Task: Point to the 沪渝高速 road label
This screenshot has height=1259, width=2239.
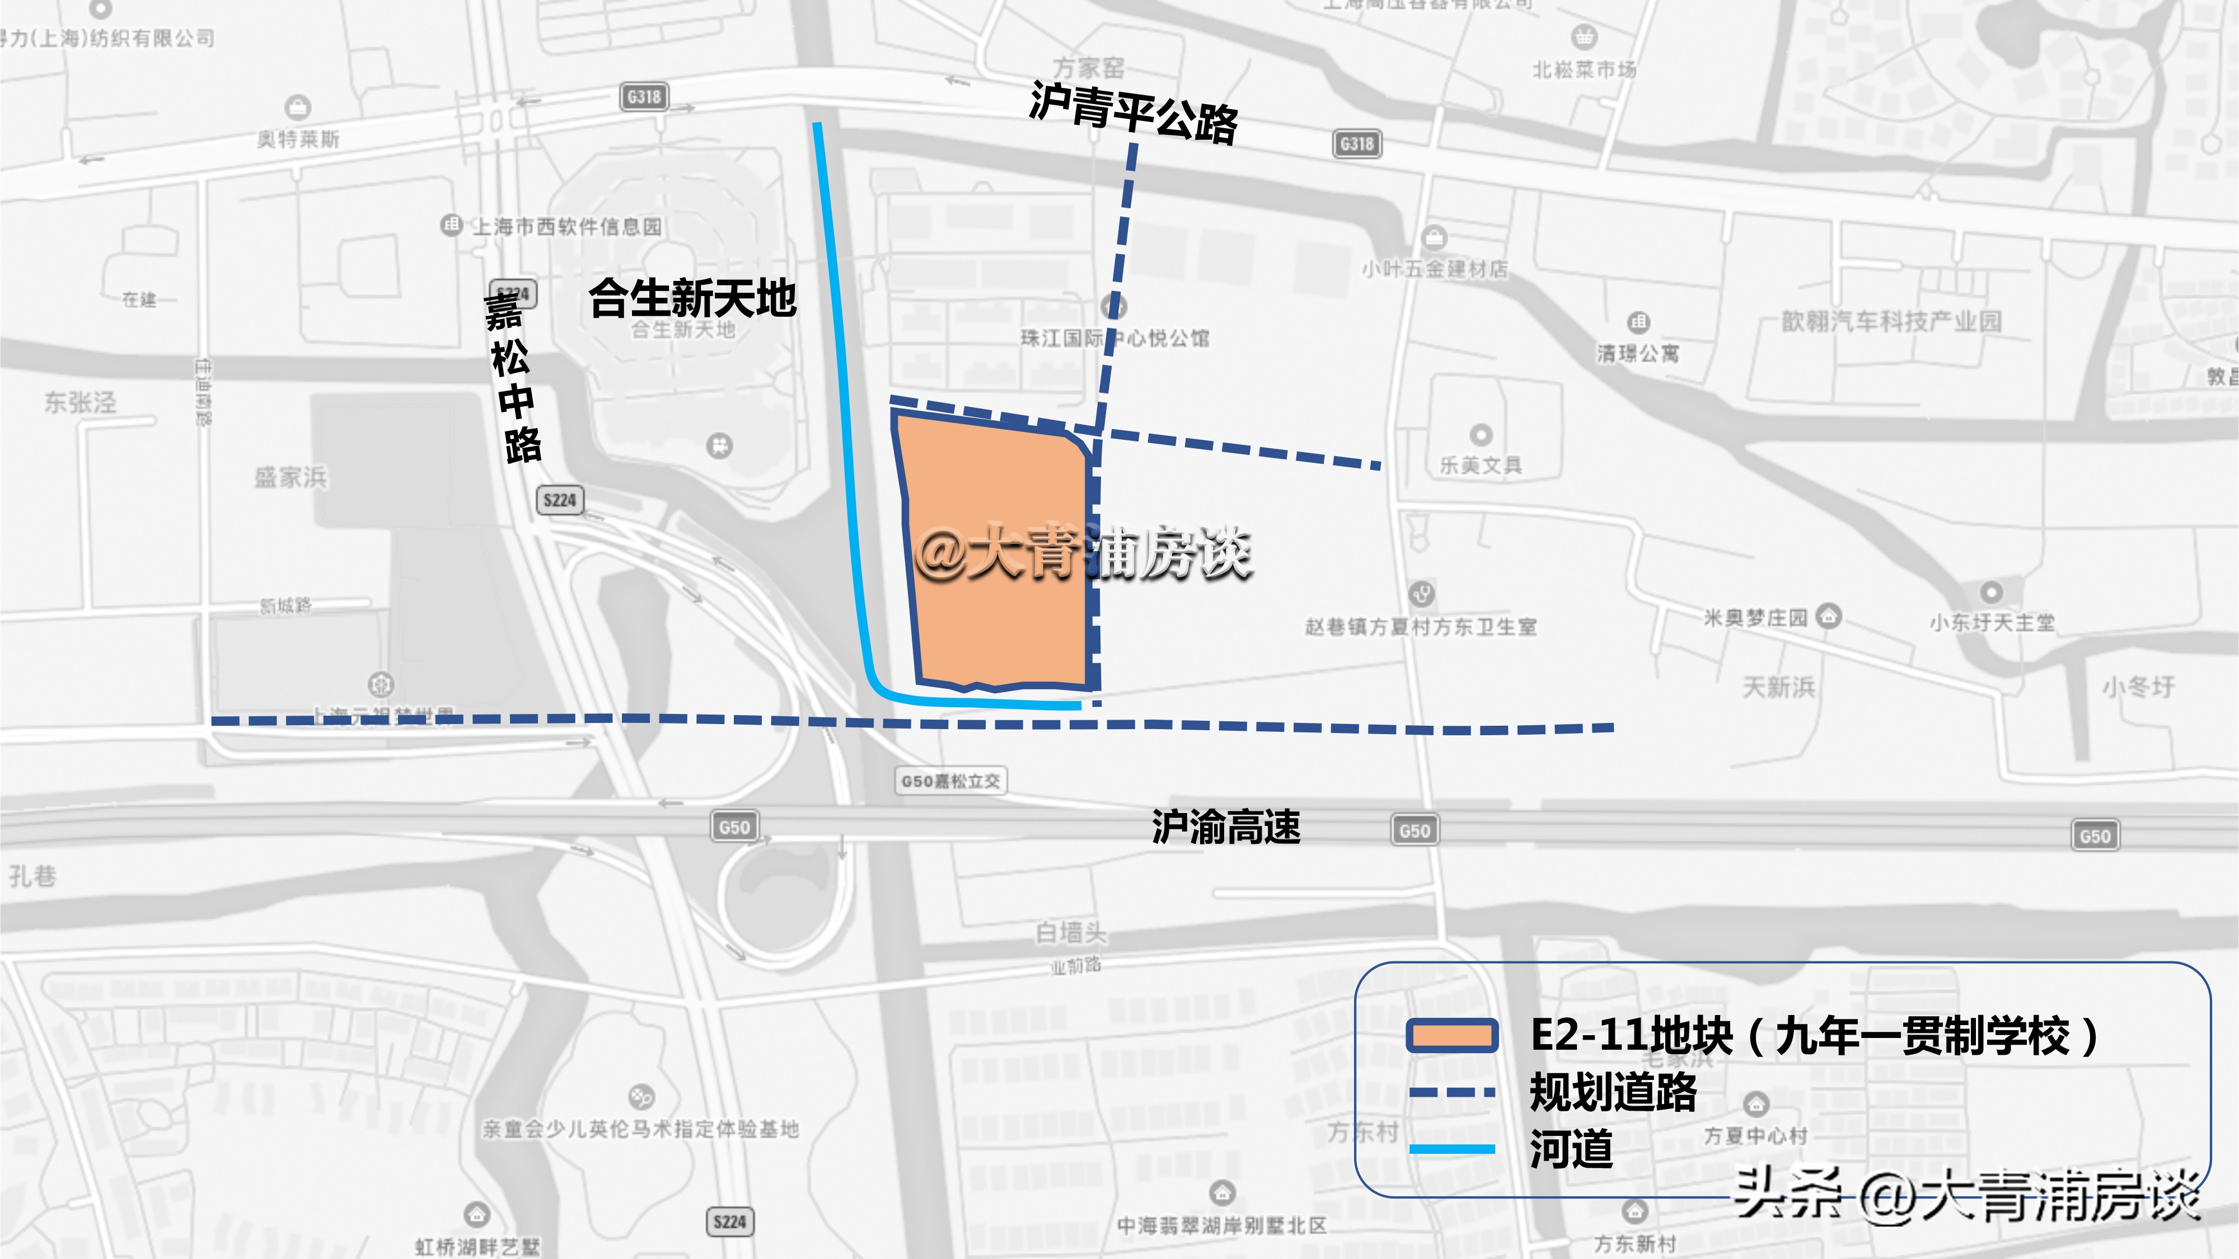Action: pos(1225,826)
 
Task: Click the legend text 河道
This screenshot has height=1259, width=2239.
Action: pos(1571,1149)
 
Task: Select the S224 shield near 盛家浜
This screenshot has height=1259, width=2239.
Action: pos(560,500)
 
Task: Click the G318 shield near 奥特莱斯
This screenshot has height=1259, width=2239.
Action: pos(644,96)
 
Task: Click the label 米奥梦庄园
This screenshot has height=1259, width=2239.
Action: pos(1755,618)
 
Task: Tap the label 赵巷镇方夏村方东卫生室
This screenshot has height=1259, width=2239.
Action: pos(1420,627)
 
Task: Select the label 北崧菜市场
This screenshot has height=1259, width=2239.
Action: pos(1584,69)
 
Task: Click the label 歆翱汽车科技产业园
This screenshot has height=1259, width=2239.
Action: pos(1891,322)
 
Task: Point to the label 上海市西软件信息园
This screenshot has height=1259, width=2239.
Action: pos(566,227)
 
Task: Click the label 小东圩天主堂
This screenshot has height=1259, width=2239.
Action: pos(1991,622)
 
